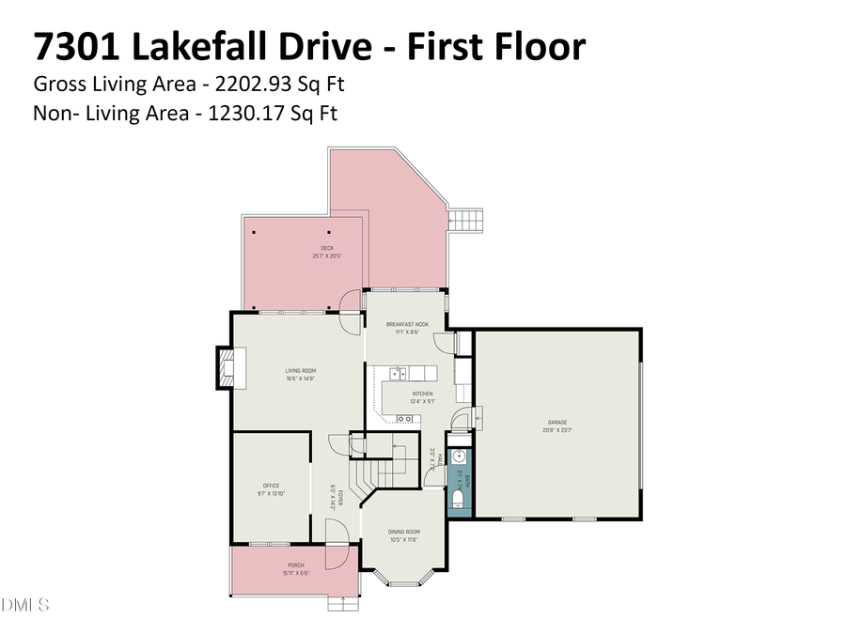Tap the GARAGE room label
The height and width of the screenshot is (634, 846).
coord(557,422)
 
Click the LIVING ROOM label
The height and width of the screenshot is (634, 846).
coord(300,370)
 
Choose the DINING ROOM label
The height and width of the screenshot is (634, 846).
coord(402,532)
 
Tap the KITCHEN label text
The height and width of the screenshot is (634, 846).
coord(423,394)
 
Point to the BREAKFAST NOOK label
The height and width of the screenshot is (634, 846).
coord(407,324)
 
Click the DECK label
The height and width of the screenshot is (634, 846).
coord(326,248)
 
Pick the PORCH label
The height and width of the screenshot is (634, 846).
coord(294,566)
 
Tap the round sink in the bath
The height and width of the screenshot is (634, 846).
coord(459,458)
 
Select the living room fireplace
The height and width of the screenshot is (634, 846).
coord(226,367)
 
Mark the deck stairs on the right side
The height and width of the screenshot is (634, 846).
coord(467,222)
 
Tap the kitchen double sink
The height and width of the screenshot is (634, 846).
coord(399,374)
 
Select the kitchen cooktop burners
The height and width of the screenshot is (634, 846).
coord(406,418)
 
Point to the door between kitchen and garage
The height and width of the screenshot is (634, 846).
coord(462,418)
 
